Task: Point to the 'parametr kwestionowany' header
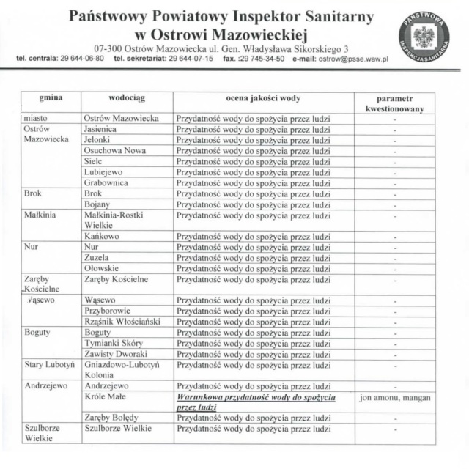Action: [x=395, y=103]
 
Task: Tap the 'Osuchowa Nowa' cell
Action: [x=114, y=150]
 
